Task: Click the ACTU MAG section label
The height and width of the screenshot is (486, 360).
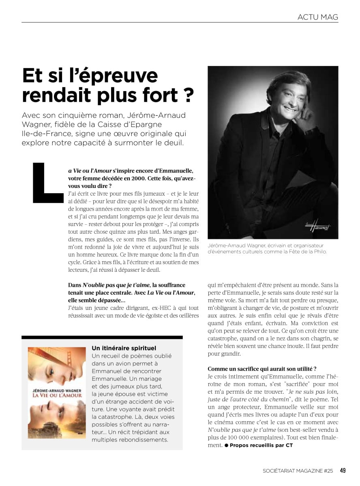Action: point(317,17)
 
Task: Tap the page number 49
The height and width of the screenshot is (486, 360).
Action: point(343,471)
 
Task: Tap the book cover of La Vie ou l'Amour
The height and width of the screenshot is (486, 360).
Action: point(57,392)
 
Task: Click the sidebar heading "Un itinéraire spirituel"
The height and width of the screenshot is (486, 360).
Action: point(124,348)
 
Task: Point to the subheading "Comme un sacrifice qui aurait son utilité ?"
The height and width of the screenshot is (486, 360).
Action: point(262,369)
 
